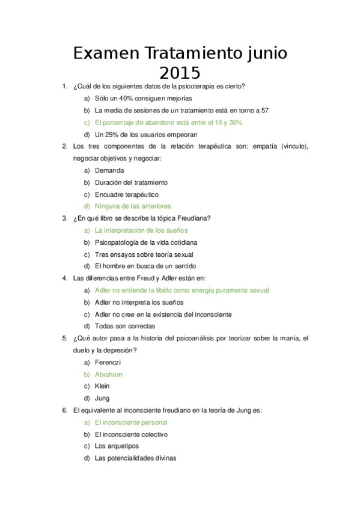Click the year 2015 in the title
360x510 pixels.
click(180, 73)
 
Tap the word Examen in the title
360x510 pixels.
click(106, 54)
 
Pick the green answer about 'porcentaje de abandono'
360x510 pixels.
click(168, 122)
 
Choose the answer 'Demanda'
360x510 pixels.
click(109, 170)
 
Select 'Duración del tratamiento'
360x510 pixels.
click(131, 182)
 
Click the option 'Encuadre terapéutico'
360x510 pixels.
click(126, 194)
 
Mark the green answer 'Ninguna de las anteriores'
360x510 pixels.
click(133, 206)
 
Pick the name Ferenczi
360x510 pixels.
click(108, 363)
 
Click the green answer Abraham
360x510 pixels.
click(109, 375)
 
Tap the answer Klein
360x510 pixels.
click(102, 386)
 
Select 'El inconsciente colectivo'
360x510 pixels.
click(131, 434)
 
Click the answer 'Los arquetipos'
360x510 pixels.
click(117, 446)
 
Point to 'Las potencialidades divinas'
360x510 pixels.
click(135, 458)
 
